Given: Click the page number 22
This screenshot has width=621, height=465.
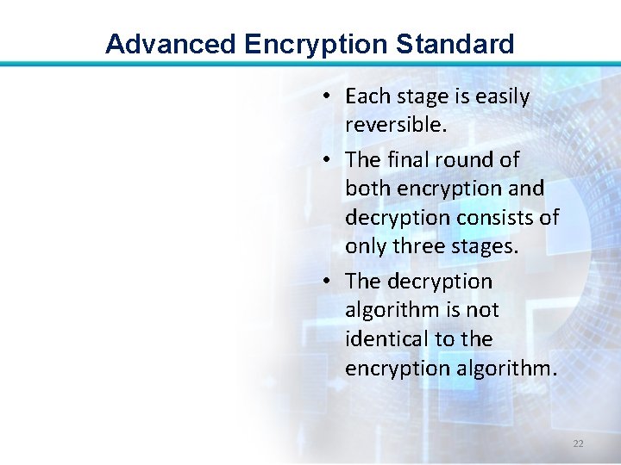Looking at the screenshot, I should (578, 443).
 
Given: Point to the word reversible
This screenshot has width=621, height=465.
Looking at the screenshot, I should (395, 125).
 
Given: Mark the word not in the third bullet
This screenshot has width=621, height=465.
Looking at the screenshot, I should (481, 310).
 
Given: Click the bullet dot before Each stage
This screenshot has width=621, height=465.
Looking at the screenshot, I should (331, 97).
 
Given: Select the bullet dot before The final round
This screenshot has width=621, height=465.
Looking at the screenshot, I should (331, 161).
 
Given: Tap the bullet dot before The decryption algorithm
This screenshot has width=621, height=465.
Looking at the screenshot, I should (331, 282).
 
